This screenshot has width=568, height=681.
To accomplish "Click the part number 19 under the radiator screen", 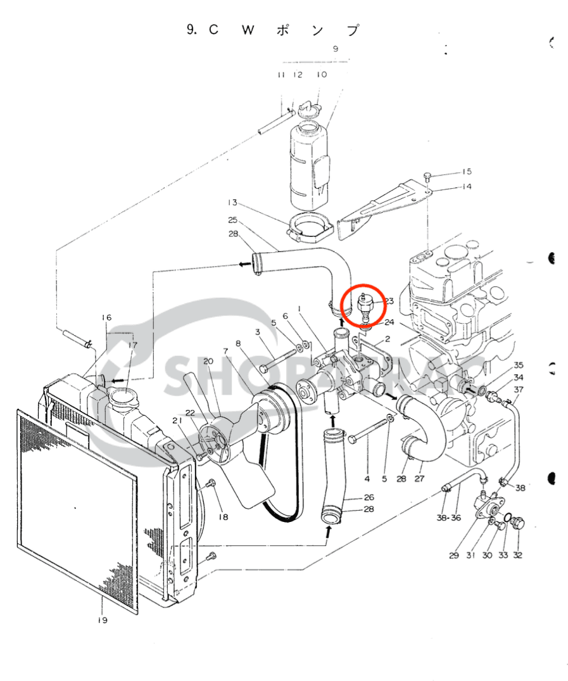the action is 103,620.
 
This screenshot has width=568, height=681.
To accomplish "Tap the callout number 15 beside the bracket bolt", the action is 467,172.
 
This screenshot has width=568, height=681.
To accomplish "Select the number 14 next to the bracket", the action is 467,187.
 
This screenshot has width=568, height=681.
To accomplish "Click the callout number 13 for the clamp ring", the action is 232,203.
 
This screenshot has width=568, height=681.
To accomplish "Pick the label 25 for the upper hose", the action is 232,220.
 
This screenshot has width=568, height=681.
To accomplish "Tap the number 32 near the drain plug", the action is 518,556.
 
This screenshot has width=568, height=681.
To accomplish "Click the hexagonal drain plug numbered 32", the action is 517,523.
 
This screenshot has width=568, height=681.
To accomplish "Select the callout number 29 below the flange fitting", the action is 454,556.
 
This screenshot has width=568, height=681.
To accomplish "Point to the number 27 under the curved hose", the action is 419,479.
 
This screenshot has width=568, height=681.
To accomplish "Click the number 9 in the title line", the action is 191,30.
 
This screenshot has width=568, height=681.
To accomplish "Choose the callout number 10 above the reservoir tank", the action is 322,75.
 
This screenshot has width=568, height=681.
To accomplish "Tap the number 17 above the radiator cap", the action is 132,345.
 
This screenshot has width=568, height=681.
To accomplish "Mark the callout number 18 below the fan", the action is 223,518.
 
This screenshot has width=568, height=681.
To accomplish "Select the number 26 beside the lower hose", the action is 369,497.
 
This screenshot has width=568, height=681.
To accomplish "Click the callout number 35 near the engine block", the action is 519,365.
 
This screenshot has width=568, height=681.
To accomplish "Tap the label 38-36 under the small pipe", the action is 448,518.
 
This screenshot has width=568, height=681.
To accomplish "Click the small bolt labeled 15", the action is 428,175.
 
